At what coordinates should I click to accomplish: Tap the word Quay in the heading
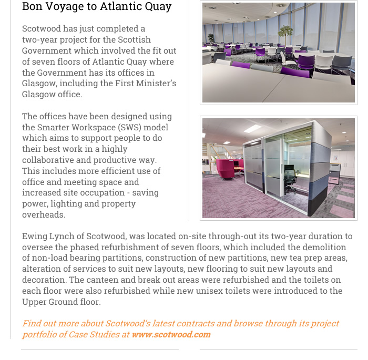click(157, 7)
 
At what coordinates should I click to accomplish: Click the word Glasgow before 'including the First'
click(38, 84)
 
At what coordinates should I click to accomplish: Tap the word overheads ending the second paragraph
click(44, 215)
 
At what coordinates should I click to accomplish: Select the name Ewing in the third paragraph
click(34, 236)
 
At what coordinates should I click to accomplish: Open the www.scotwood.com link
click(171, 334)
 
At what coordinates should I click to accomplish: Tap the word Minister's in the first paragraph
click(155, 84)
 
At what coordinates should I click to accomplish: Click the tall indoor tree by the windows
click(285, 35)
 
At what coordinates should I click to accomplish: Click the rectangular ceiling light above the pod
click(253, 129)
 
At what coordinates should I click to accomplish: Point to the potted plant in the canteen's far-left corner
click(211, 39)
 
